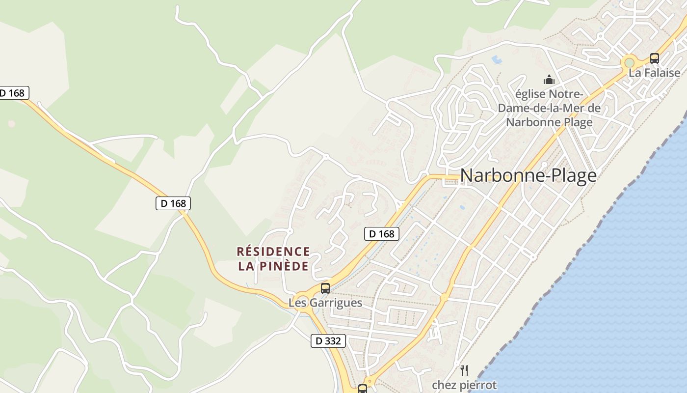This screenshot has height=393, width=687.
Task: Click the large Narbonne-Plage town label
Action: pos(528,175)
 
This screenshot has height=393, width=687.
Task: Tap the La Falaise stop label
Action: pos(655,73)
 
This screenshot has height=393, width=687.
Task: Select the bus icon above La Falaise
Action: pos(654,58)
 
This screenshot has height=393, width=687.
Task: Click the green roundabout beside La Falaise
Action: pos(629,63)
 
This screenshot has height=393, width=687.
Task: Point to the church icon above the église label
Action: pos(549,79)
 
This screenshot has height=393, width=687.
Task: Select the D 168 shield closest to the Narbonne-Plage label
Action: pos(382,234)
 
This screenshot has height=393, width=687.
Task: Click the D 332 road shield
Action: pos(328,340)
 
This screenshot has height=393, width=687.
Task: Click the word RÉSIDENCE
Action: pos(273,252)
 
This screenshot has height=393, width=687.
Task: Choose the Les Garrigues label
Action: pos(325,303)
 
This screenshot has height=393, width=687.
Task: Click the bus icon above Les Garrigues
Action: pos(325,288)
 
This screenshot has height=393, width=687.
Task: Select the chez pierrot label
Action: pos(464,385)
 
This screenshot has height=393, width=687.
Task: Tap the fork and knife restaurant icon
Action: pos(464,370)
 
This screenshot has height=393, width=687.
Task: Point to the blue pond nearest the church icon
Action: pos(497,60)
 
